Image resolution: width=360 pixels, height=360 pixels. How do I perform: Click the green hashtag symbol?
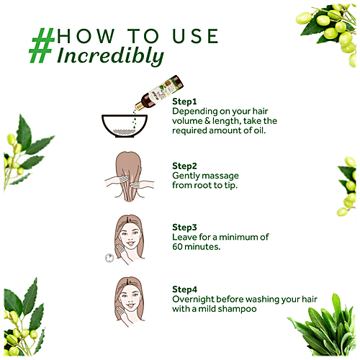(42, 45)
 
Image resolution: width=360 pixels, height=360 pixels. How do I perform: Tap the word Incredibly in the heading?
(110, 56)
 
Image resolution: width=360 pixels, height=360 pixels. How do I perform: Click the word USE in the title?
(195, 36)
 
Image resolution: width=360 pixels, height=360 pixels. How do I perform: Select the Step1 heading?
(184, 102)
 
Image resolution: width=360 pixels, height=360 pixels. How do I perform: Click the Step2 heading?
(184, 166)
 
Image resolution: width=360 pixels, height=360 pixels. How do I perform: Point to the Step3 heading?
(184, 228)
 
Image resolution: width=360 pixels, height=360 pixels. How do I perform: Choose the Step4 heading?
(184, 289)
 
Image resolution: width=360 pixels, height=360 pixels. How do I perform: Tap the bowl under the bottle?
(125, 126)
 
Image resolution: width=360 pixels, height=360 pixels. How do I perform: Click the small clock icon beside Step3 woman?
(109, 258)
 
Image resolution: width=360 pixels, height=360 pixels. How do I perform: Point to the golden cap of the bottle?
(139, 106)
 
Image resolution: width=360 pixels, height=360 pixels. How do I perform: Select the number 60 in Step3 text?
(177, 247)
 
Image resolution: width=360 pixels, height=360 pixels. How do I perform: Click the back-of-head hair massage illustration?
(129, 176)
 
